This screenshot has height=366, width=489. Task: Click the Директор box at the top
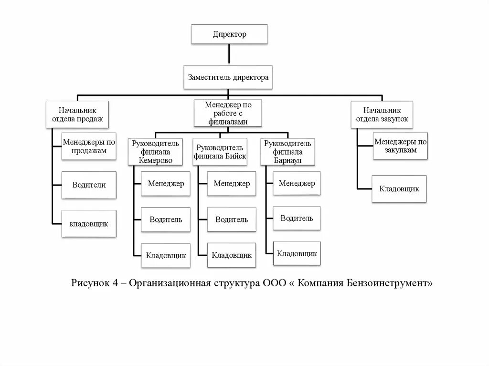[229, 34]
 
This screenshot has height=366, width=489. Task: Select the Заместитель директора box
[228, 77]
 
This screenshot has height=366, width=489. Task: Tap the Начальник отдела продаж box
[77, 114]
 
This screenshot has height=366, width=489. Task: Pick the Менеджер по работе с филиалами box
[228, 113]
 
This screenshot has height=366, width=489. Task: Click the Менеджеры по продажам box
[89, 146]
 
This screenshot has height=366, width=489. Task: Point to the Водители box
[89, 185]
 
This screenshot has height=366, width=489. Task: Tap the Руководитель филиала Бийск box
[220, 152]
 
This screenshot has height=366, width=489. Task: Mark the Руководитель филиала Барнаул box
[288, 152]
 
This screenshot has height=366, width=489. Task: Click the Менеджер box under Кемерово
[166, 184]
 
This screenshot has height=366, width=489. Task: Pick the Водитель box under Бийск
[232, 220]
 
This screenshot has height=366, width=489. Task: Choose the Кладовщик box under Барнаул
[297, 253]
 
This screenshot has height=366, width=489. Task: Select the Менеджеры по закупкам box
[400, 146]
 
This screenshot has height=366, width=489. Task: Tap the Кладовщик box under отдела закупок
[399, 188]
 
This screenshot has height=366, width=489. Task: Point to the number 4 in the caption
[115, 282]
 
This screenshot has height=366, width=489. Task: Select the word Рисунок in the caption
[90, 282]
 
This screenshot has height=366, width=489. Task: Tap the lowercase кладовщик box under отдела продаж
[89, 223]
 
